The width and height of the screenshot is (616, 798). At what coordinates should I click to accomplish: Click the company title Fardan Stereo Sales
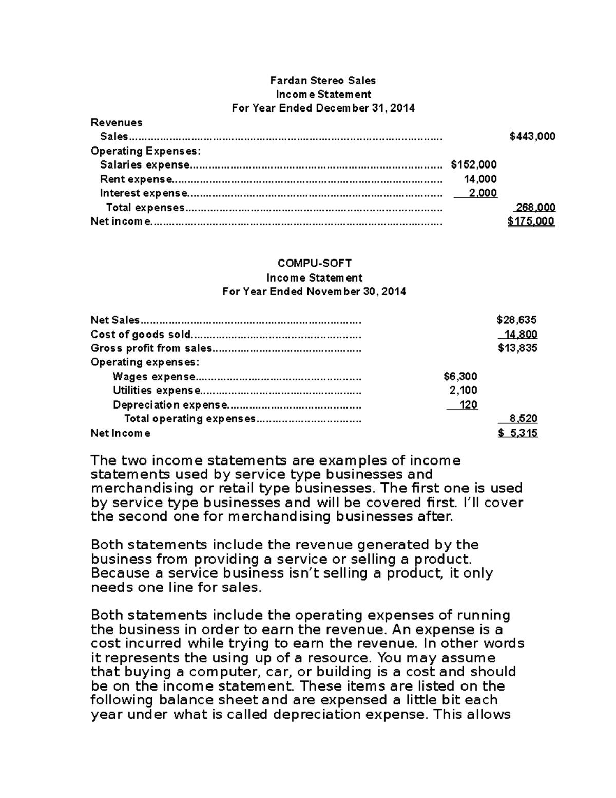323,81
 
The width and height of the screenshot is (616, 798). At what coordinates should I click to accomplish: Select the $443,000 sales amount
532,137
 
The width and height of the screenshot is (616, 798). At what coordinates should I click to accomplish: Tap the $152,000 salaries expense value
473,165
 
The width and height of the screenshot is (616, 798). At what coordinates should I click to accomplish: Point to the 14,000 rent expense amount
479,179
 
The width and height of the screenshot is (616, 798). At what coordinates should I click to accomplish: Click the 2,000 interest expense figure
483,193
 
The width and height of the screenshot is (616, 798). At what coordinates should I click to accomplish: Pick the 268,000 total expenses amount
535,208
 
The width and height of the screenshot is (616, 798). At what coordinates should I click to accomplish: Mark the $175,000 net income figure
531,221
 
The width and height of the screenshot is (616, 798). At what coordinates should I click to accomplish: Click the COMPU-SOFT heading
314,264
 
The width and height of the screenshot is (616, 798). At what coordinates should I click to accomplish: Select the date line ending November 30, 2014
314,292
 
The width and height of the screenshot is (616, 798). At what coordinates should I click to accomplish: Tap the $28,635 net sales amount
516,320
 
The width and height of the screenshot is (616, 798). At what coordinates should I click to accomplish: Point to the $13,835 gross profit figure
517,348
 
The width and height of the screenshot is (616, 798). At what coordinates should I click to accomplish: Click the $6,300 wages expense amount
460,377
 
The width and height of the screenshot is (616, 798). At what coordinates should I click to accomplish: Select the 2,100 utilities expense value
463,391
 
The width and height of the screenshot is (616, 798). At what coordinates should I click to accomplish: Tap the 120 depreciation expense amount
468,405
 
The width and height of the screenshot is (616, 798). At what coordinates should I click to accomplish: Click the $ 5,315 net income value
517,433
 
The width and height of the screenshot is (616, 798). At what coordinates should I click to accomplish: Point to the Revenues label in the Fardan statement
116,123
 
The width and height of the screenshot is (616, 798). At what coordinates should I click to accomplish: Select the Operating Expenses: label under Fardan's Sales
146,151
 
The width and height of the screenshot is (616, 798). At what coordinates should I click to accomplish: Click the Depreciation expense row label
169,405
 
